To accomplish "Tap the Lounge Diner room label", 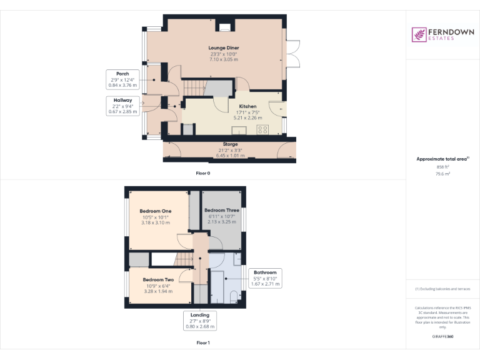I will pyautogui.click(x=224, y=47).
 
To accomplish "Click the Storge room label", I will pyautogui.click(x=229, y=144).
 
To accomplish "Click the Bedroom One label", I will pyautogui.click(x=155, y=211).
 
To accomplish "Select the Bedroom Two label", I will pyautogui.click(x=157, y=279).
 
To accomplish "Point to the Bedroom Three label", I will pyautogui.click(x=221, y=210).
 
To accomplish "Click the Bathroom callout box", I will pyautogui.click(x=264, y=278).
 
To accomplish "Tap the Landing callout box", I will pyautogui.click(x=200, y=320).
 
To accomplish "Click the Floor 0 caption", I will pyautogui.click(x=203, y=172).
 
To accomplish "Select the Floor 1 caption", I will pyautogui.click(x=203, y=343).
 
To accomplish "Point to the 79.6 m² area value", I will pyautogui.click(x=442, y=174).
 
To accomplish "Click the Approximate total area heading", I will pyautogui.click(x=442, y=159).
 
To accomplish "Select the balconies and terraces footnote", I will pyautogui.click(x=442, y=289).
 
